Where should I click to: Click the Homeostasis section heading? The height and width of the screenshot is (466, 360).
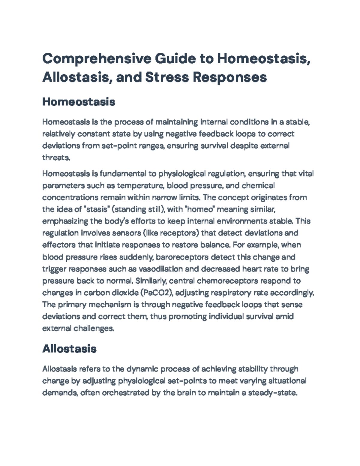pos(79,102)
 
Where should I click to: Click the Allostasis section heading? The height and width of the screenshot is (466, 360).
pos(69,349)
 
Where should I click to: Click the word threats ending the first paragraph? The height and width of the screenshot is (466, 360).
pos(56,158)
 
